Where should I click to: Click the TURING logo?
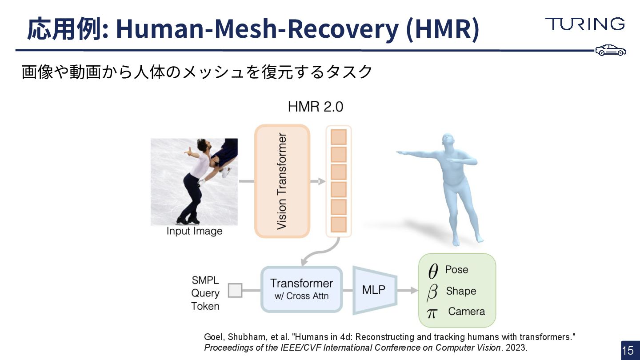tap(584, 24)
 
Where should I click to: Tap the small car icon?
tap(611, 50)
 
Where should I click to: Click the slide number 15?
tap(628, 351)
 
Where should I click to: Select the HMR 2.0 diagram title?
tap(315, 107)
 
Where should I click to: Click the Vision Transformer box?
tap(282, 181)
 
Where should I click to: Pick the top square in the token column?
tap(339, 136)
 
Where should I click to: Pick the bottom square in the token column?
tap(339, 224)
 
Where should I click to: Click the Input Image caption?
tap(194, 232)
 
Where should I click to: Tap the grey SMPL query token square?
tap(235, 291)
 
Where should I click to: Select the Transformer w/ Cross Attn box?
tap(301, 289)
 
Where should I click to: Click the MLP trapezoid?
tap(374, 290)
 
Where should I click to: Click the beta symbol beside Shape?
tap(432, 292)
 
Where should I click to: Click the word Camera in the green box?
tap(466, 312)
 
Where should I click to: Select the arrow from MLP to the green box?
tap(408, 291)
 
